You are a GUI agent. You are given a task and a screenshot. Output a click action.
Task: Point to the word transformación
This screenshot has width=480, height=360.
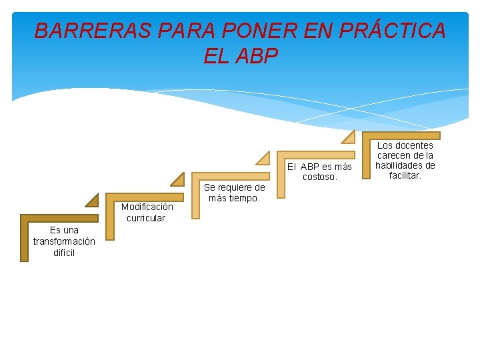(64, 241)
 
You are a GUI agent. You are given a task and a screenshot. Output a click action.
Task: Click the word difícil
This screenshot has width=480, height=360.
(64, 253)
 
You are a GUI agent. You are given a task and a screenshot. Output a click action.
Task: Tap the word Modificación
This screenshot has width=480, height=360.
(147, 207)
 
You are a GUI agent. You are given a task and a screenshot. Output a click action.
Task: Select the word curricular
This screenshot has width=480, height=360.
(147, 218)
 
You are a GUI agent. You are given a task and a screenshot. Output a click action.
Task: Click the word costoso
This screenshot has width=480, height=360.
(319, 177)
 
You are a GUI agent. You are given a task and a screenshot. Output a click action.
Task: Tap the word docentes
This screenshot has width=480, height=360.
(415, 145)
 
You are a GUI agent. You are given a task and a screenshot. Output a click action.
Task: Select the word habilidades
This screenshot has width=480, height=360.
(405, 165)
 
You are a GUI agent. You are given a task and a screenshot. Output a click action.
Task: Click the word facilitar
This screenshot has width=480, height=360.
(405, 175)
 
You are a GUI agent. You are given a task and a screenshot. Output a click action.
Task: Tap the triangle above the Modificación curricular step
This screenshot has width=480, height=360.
(178, 179)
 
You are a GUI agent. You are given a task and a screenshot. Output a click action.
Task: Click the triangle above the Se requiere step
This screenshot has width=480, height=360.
(264, 158)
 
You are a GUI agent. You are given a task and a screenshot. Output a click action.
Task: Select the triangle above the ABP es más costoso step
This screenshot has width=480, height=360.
(349, 137)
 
